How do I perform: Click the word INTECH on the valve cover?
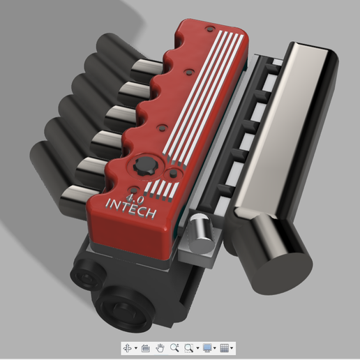133,207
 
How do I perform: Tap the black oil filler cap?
144,167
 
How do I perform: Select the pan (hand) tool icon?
160,347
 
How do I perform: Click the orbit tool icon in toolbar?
128,347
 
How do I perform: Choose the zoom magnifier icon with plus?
174,347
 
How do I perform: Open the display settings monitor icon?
207,347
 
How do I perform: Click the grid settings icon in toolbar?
225,347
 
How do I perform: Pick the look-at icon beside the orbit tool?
145,347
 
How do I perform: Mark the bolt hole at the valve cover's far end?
208,29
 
